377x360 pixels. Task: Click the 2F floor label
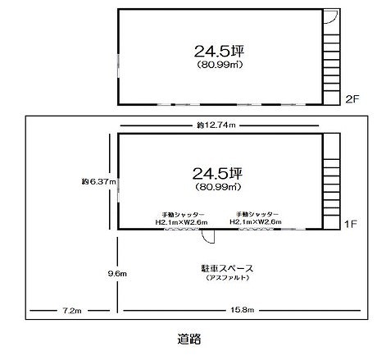pos(352,99)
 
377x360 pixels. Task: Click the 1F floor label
pos(351,225)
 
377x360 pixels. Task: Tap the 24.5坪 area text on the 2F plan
pos(219,51)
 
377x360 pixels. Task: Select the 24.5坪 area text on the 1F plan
pos(218,173)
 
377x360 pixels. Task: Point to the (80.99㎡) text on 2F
pos(220,65)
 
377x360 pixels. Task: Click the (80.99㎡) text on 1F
pos(218,187)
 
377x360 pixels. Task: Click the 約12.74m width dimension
pos(216,125)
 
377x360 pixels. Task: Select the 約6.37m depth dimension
pos(99,181)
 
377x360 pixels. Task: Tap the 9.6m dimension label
pos(117,273)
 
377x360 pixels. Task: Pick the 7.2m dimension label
pos(72,311)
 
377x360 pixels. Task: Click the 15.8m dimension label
pos(243,310)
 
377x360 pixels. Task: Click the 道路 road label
pos(189,339)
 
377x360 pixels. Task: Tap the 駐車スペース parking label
pos(227,268)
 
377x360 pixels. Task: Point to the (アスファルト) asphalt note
pos(228,278)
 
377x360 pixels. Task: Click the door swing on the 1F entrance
pos(208,237)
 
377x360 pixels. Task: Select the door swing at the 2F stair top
pos(331,16)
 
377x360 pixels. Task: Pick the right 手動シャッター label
pos(257,214)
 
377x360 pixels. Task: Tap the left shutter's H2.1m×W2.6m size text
pos(181,222)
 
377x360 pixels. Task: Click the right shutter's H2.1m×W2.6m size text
pos(256,221)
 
